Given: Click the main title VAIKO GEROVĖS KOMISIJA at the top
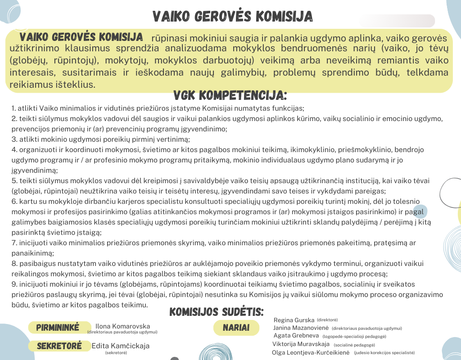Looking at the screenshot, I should [232, 17].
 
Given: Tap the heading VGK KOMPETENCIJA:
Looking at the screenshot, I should [230, 95].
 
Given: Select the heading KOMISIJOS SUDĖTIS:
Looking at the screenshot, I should [216, 312].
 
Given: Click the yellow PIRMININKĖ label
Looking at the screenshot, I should [57, 327].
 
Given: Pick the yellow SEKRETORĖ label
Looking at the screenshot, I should [59, 346].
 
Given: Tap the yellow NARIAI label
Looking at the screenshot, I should [236, 328].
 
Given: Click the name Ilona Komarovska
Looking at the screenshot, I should [122, 326].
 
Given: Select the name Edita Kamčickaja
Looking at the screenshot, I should [120, 346].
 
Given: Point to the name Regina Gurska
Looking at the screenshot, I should [294, 319].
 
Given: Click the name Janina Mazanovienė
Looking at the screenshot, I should [301, 328].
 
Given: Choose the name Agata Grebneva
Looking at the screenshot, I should [296, 336].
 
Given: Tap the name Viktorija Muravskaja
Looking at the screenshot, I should [301, 344].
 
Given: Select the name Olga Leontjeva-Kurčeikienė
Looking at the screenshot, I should [311, 352].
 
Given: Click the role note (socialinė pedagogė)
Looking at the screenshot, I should [354, 345].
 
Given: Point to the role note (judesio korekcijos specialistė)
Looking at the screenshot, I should [384, 353].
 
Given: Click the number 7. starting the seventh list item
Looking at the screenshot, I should [14, 243].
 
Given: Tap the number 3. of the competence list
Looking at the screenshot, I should [14, 139].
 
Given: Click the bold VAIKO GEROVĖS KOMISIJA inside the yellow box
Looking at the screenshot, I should [81, 37].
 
